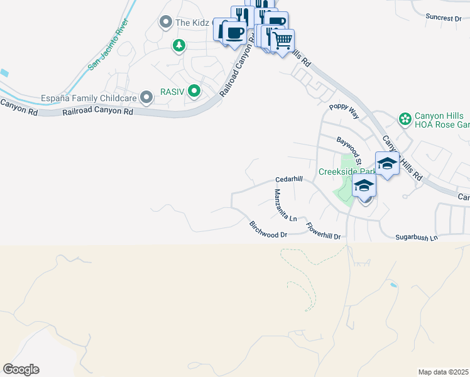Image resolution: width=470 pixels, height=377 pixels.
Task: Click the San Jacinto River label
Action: (x=108, y=45)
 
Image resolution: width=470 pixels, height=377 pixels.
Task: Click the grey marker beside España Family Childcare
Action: (x=146, y=97)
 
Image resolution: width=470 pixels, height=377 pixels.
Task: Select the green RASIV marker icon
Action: (x=195, y=92)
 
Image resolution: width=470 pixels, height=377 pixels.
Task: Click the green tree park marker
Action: (x=179, y=45)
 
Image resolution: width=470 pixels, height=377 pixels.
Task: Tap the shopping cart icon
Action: (x=283, y=41)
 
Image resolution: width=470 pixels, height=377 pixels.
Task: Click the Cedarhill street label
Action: (x=289, y=179)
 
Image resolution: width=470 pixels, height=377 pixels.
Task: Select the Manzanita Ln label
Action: (x=284, y=205)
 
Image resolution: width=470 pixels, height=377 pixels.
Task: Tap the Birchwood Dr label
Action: (x=268, y=229)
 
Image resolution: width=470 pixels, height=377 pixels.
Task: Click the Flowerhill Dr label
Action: (x=323, y=232)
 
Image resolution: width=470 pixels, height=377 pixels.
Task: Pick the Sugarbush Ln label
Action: (x=416, y=238)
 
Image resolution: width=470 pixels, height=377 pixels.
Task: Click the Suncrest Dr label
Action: (x=443, y=18)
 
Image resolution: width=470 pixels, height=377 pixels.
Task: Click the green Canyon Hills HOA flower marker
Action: (x=405, y=118)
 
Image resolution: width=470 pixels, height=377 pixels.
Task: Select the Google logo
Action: (x=21, y=369)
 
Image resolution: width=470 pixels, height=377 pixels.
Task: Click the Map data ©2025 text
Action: (x=443, y=372)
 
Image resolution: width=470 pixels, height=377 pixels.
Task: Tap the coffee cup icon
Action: (x=234, y=33)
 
